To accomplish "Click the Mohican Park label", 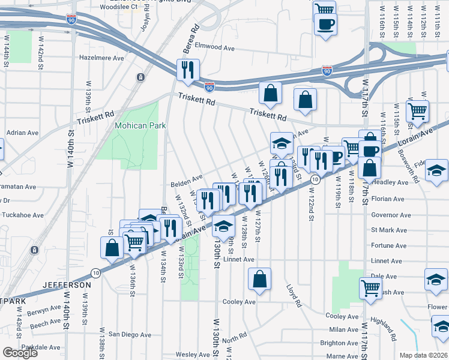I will coord(140,126).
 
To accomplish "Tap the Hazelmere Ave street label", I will coord(101,58).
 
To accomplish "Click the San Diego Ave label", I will coord(129,334).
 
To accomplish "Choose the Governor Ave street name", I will coord(391,214).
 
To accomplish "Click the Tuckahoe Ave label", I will coord(22,215).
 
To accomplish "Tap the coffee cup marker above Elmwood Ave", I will coord(325,25).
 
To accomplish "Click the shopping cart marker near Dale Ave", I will coord(370,288).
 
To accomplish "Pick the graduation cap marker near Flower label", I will coord(441,328).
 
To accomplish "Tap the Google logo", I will coord(20,353).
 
